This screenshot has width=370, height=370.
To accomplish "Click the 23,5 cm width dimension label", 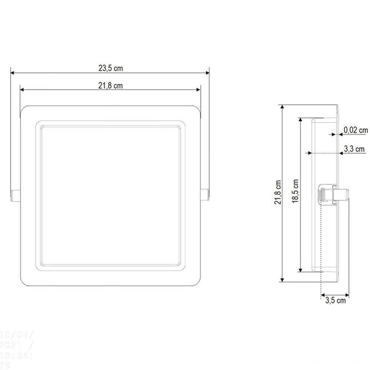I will click(111, 68).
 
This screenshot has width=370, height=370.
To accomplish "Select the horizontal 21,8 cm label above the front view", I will click(111, 86).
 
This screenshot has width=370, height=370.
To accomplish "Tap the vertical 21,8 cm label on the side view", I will click(279, 192).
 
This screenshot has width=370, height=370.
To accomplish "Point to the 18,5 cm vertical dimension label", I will click(296, 192).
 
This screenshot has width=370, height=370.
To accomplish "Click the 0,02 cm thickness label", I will click(356, 130).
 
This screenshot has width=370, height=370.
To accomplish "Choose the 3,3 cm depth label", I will click(354, 149).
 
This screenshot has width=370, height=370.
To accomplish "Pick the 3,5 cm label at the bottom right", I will click(336, 300).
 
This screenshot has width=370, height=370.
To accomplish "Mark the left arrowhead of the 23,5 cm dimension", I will click(12, 73).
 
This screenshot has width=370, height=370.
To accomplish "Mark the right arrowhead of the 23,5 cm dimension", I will click(208, 73).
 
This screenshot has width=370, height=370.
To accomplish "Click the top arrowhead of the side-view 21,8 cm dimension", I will click(283, 107).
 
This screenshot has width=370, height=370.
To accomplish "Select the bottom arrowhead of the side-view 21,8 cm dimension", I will click(283, 280).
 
